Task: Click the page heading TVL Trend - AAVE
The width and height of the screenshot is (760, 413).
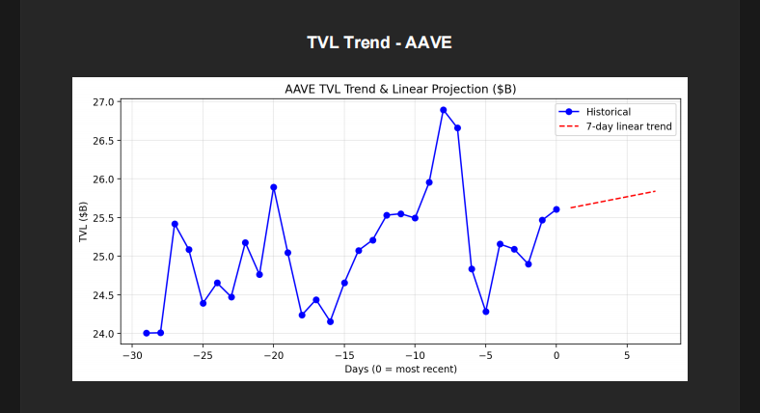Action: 379,42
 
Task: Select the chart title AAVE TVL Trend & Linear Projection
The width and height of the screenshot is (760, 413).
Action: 400,89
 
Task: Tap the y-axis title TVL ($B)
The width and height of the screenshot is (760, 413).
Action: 84,222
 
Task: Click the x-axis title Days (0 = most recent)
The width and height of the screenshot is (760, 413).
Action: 400,369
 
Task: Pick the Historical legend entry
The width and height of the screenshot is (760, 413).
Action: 608,112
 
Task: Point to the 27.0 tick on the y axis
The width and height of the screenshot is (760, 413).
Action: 103,102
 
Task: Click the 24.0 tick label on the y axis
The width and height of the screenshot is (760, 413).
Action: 103,334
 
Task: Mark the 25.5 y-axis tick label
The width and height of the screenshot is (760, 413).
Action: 103,218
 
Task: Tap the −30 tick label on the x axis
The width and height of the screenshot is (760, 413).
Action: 132,355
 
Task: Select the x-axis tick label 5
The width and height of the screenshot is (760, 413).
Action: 627,355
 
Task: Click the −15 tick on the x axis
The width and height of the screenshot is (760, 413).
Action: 344,355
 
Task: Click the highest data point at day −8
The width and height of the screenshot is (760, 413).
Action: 444,110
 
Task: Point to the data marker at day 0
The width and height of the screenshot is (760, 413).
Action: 556,209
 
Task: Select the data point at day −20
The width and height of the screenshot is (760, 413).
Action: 274,187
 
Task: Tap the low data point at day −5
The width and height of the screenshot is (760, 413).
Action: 486,312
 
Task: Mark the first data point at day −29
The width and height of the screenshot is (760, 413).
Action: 147,333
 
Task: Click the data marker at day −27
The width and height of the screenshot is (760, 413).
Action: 175,224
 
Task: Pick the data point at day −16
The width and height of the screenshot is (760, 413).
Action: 330,321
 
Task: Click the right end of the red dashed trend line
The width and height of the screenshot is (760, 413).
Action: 655,191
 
